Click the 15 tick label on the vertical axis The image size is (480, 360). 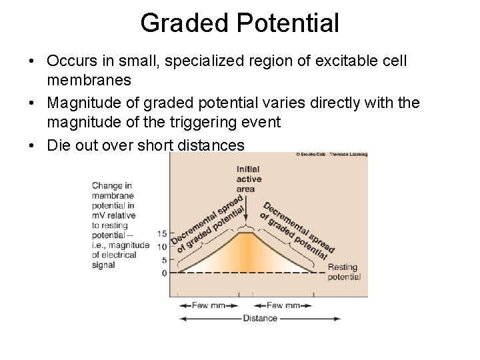tap(162, 234)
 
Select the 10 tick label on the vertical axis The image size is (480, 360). tap(162, 247)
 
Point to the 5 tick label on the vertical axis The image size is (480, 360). tap(164, 259)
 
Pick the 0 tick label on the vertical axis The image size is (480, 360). tap(164, 272)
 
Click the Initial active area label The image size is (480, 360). tap(249, 179)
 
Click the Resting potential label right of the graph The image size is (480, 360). tap(344, 272)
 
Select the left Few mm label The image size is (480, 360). tap(207, 305)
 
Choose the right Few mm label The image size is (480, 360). tap(283, 305)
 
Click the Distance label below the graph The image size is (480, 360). tap(260, 318)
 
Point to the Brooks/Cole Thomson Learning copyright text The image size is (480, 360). tap(331, 155)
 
